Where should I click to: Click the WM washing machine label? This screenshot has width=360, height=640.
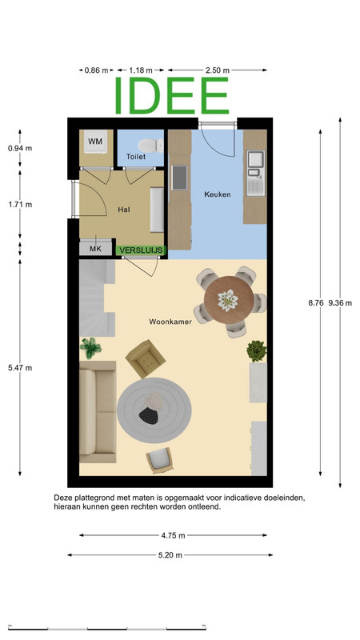[95, 142]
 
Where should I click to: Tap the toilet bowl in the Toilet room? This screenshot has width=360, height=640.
[150, 146]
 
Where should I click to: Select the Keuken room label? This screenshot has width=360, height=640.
[217, 194]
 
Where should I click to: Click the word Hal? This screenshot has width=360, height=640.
[124, 210]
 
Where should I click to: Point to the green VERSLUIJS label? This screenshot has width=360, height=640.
[142, 250]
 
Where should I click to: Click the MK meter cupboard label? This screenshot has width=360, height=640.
[95, 249]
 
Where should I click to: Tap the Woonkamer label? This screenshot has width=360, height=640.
[170, 322]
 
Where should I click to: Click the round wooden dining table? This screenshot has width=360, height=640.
[229, 300]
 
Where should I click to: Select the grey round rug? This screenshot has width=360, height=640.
[154, 410]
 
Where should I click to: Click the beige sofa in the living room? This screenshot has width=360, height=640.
[98, 411]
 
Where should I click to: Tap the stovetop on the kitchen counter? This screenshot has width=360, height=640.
[179, 178]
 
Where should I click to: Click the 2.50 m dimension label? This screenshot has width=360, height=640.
[218, 70]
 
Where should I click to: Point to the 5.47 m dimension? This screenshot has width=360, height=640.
[20, 368]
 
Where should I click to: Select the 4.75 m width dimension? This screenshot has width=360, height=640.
[173, 535]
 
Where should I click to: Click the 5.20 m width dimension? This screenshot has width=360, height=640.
[170, 555]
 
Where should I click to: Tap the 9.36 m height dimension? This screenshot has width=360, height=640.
[340, 303]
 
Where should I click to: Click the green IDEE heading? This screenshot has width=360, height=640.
[171, 95]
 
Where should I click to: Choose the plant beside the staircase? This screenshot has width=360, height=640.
[90, 348]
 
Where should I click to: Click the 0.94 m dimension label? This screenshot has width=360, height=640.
[20, 148]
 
